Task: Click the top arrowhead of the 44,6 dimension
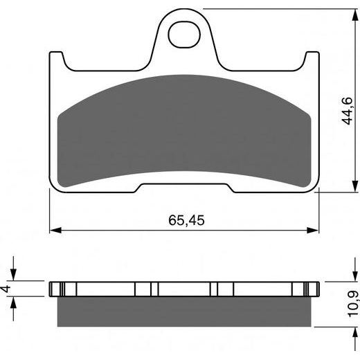(x=335, y=13)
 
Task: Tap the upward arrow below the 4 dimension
(x=13, y=302)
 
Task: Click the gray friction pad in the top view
(x=186, y=128)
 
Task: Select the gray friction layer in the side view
(x=186, y=310)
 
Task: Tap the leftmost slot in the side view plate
(x=64, y=288)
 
